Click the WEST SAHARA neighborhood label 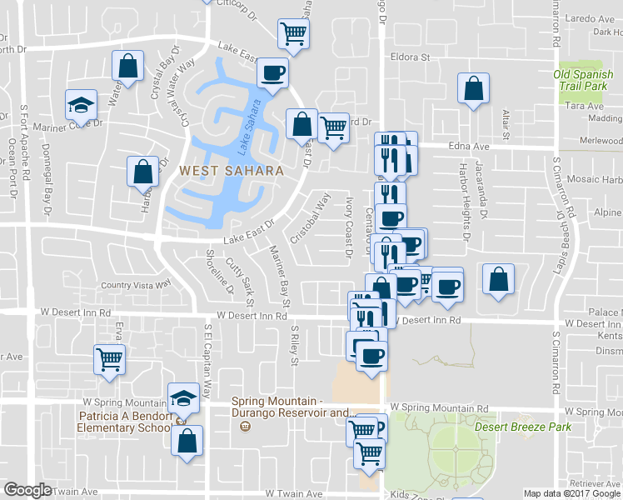(231, 170)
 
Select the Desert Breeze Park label (523, 427)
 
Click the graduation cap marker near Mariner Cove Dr (81, 105)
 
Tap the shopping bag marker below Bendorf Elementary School (188, 439)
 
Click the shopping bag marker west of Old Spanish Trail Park (473, 88)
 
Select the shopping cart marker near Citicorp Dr (293, 34)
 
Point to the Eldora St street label (411, 57)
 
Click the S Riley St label (293, 346)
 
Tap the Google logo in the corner (27, 490)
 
